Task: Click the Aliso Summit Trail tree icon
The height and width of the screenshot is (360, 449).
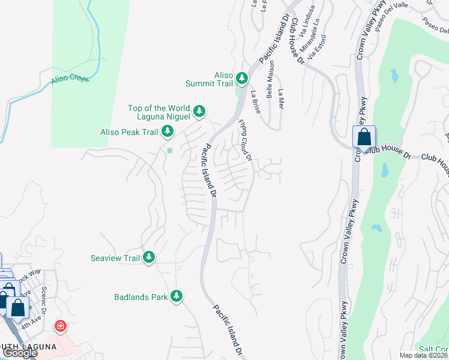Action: [x=241, y=78]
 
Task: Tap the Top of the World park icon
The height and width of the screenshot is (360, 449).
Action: [x=199, y=111]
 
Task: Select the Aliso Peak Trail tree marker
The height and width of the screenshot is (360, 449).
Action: [x=167, y=131]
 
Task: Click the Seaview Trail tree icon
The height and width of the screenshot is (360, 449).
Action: [x=148, y=257]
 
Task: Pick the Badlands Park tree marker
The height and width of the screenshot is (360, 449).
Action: [x=176, y=296]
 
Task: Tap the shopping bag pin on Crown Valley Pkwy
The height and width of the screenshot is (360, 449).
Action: [x=364, y=137]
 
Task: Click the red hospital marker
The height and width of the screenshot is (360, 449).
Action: [x=60, y=326]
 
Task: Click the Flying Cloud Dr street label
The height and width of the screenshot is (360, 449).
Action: [x=245, y=140]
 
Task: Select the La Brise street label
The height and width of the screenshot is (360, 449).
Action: [x=256, y=98]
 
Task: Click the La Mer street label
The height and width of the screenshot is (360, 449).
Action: [x=280, y=98]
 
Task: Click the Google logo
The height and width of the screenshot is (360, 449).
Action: [x=20, y=353]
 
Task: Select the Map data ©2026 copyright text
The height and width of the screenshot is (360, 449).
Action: [x=423, y=355]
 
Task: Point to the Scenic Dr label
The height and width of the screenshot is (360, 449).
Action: [x=44, y=296]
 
